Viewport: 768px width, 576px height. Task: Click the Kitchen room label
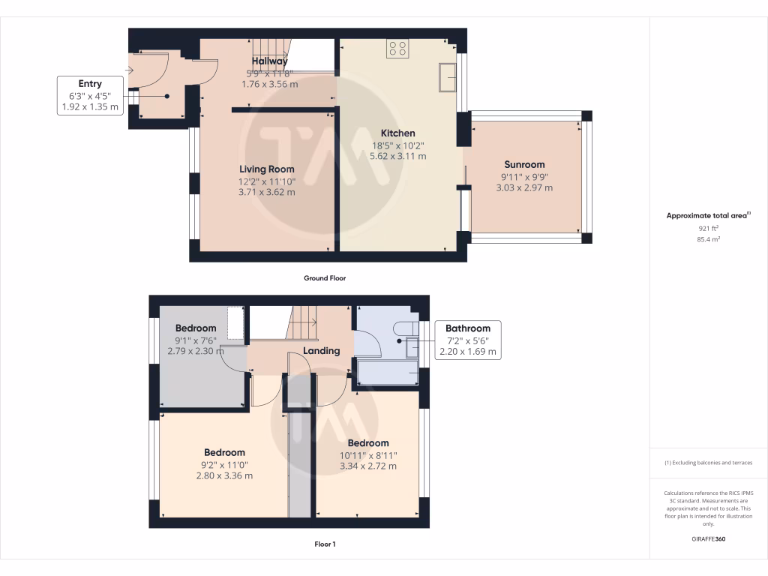[397, 133]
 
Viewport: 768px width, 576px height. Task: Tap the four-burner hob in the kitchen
[397, 49]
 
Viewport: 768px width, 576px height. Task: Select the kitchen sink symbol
[449, 76]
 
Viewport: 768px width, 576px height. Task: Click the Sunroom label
[524, 164]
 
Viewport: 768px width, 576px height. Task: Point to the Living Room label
[267, 169]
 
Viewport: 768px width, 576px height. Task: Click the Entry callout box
[90, 95]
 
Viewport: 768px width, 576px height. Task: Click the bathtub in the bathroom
[388, 373]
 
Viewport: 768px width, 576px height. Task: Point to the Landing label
[321, 350]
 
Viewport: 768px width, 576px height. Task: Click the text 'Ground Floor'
[324, 278]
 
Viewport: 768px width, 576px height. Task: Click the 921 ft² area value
[708, 227]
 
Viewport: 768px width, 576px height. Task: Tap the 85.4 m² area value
[708, 239]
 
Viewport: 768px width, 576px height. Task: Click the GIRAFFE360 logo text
[708, 539]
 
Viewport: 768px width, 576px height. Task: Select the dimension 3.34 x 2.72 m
[367, 466]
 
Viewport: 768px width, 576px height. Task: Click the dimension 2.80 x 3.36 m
[224, 475]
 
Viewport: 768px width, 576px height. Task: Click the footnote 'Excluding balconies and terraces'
[708, 463]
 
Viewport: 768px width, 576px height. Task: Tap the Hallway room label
[269, 61]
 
